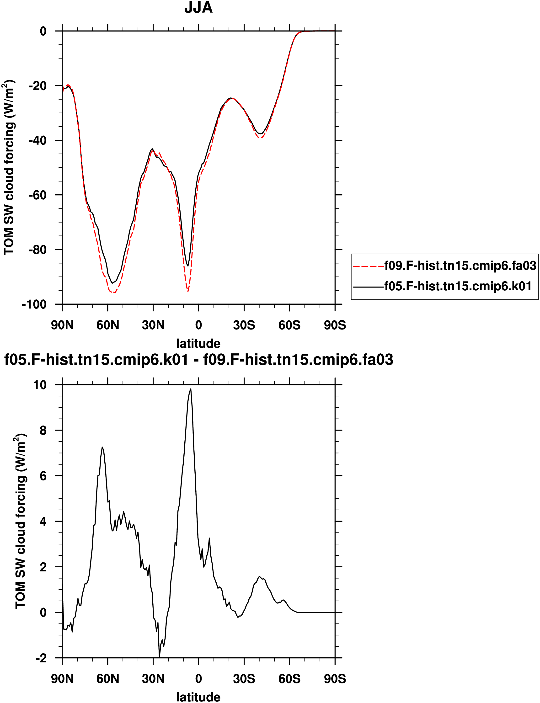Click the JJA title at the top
click(198, 8)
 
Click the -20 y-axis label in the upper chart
click(37, 86)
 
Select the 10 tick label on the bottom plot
click(40, 385)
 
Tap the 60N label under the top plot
click(108, 325)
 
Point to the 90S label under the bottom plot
click(335, 679)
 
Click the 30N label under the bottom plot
click(153, 679)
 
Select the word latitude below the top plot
click(198, 343)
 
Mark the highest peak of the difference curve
click(191, 389)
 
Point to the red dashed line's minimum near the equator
click(188, 291)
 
